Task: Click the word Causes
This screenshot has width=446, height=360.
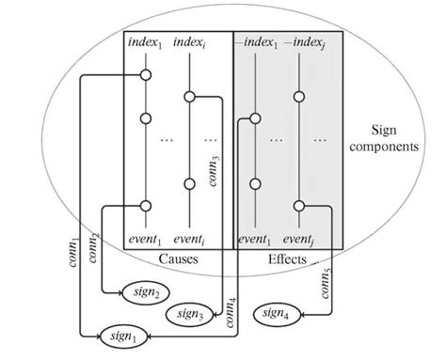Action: click(180, 256)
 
